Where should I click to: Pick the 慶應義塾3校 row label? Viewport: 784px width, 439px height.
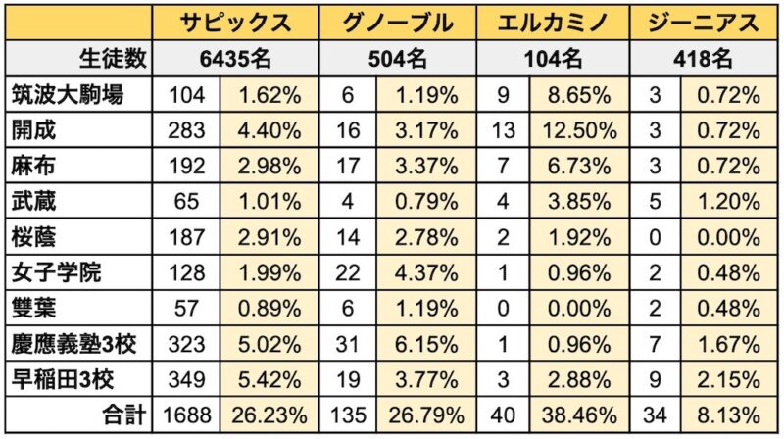pyautogui.click(x=77, y=345)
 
